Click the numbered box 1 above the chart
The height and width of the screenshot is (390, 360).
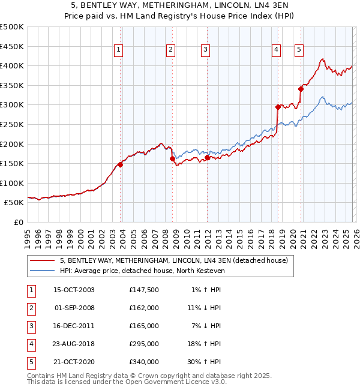(118, 50)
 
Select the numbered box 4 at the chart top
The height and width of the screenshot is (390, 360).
(276, 50)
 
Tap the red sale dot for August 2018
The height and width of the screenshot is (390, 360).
(278, 107)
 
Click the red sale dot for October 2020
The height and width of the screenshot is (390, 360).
(301, 89)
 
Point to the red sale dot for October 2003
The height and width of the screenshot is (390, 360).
(121, 164)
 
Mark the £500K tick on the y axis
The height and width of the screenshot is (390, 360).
(12, 27)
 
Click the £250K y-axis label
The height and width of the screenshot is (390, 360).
(12, 124)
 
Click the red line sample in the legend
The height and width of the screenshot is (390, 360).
(43, 260)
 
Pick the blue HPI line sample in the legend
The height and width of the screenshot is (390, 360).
(43, 271)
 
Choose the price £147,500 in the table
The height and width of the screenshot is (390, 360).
(144, 290)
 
